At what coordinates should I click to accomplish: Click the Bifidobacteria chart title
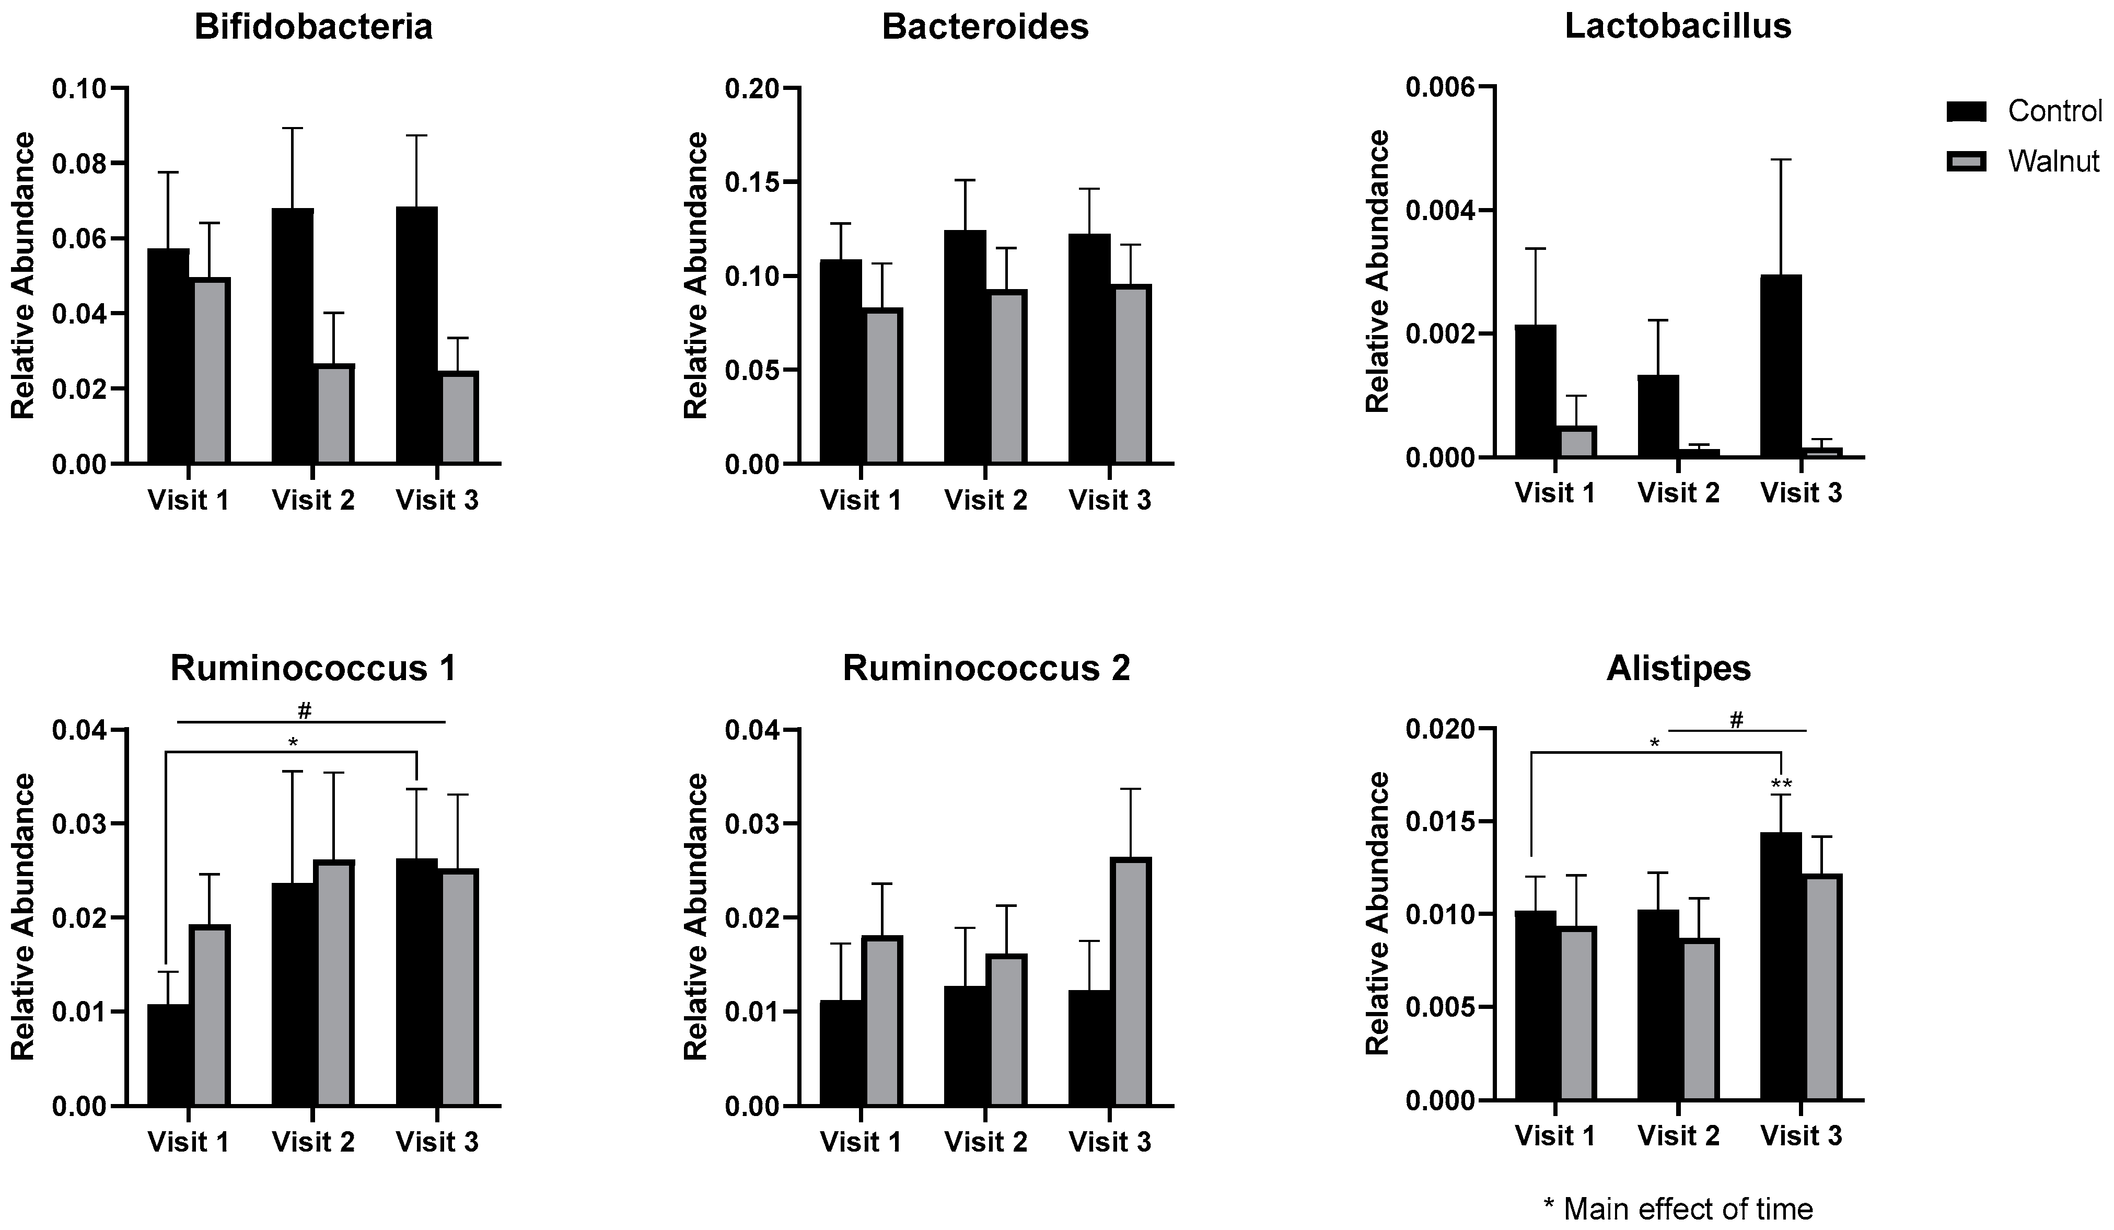(x=313, y=27)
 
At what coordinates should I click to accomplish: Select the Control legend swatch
(x=1966, y=111)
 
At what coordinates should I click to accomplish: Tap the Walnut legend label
(x=2053, y=161)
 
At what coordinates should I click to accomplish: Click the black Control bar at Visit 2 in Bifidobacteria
(x=293, y=336)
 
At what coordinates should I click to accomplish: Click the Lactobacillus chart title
(x=1678, y=27)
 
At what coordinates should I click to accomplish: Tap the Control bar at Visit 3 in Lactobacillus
(x=1780, y=366)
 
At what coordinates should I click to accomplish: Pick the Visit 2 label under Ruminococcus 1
(x=313, y=1141)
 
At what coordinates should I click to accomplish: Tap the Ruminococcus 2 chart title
(x=986, y=669)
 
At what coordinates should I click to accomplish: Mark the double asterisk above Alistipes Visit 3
(x=1781, y=785)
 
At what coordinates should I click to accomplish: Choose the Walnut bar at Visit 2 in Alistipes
(x=1698, y=1019)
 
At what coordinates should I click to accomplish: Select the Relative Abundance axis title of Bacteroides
(x=696, y=275)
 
